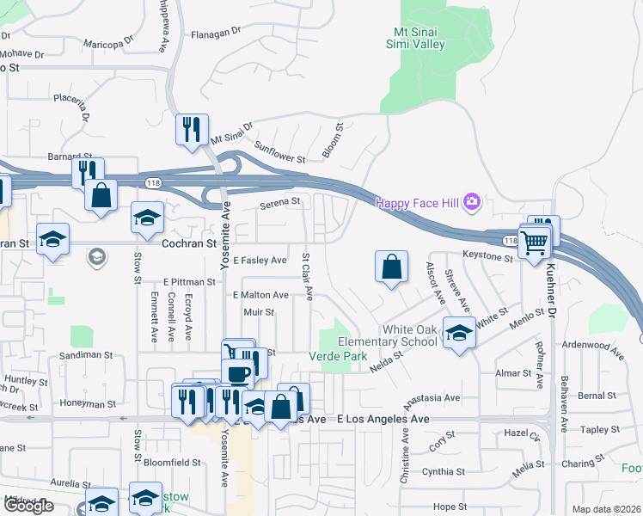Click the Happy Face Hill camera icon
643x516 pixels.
pos(471,203)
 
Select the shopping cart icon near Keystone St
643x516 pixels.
pos(535,243)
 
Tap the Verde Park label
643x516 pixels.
pos(338,356)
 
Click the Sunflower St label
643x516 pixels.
pos(279,152)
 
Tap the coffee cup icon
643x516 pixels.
pos(237,372)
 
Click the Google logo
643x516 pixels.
pos(28,507)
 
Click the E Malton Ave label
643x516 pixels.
pos(260,295)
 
